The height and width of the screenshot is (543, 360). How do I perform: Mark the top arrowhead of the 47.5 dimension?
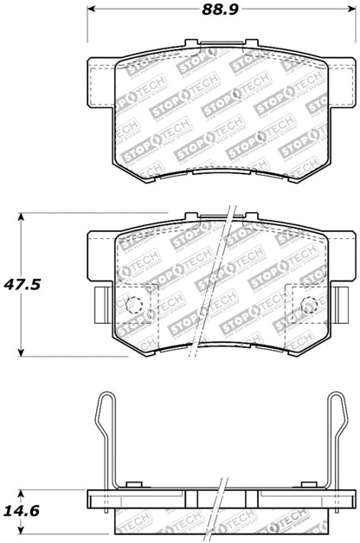tap(23, 218)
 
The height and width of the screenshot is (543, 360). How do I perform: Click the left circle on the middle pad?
tap(134, 305)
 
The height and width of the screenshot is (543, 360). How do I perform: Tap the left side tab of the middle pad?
tap(97, 306)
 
